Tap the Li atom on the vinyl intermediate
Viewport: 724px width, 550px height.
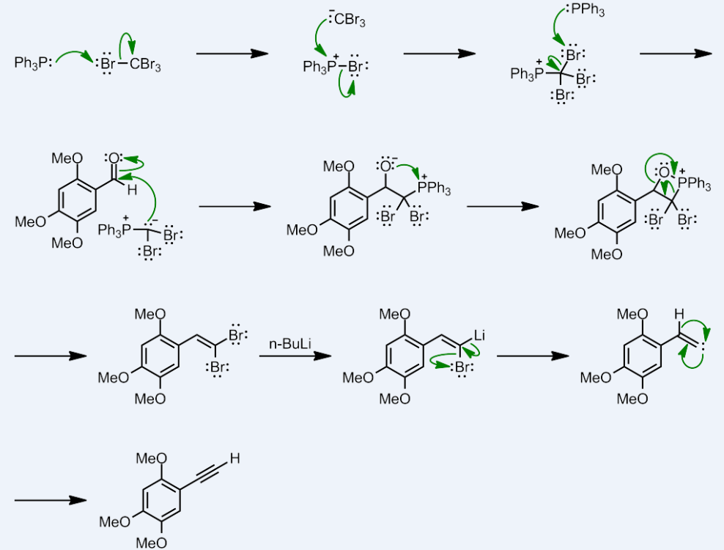[480, 335]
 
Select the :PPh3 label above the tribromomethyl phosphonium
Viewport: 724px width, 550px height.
[586, 11]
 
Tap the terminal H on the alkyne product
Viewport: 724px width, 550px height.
[234, 459]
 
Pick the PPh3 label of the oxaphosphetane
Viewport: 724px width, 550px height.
[695, 184]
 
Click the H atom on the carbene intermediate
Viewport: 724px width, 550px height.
[679, 315]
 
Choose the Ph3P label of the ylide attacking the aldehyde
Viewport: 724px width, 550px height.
[111, 232]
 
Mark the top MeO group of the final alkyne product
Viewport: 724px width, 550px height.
[151, 459]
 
